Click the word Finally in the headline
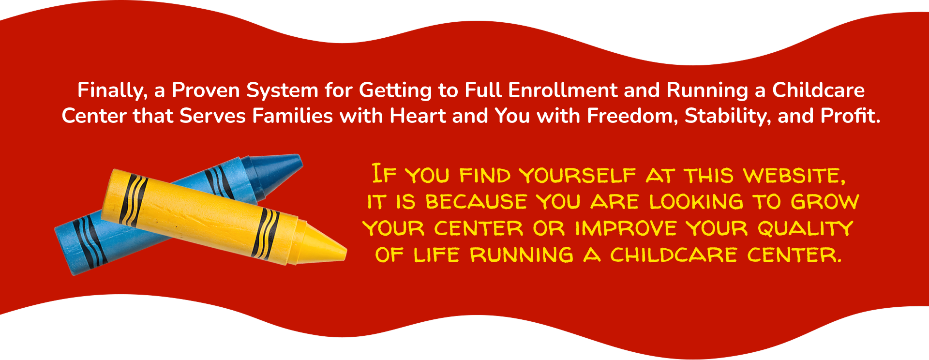(112, 91)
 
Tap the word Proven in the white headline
(206, 90)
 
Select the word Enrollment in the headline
(562, 90)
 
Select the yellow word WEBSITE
(795, 176)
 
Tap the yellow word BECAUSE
(476, 202)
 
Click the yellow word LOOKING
(696, 202)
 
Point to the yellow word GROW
(825, 202)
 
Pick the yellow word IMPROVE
(626, 228)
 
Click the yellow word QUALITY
(806, 228)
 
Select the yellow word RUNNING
(522, 255)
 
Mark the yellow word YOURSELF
(578, 176)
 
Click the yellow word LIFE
(436, 255)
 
